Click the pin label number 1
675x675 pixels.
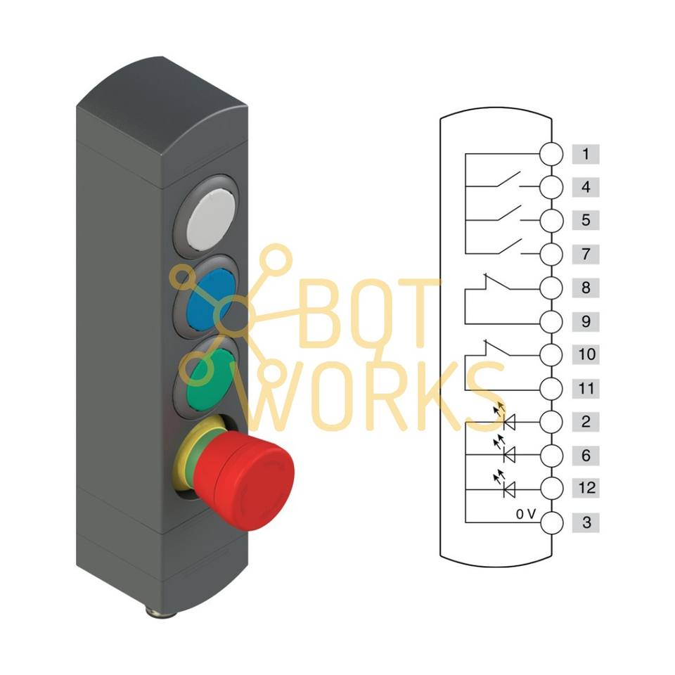pyautogui.click(x=585, y=154)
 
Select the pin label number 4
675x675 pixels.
pyautogui.click(x=585, y=188)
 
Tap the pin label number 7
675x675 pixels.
pyautogui.click(x=585, y=254)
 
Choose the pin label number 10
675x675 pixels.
pyautogui.click(x=585, y=354)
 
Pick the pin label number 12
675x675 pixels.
pyautogui.click(x=585, y=487)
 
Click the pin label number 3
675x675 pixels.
pyautogui.click(x=585, y=522)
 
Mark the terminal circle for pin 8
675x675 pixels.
pyautogui.click(x=552, y=288)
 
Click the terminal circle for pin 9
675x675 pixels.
pyautogui.click(x=552, y=321)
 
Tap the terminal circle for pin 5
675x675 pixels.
pyautogui.click(x=552, y=221)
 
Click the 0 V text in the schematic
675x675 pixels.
pyautogui.click(x=526, y=515)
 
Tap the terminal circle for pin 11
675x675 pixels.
pyautogui.click(x=552, y=387)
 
